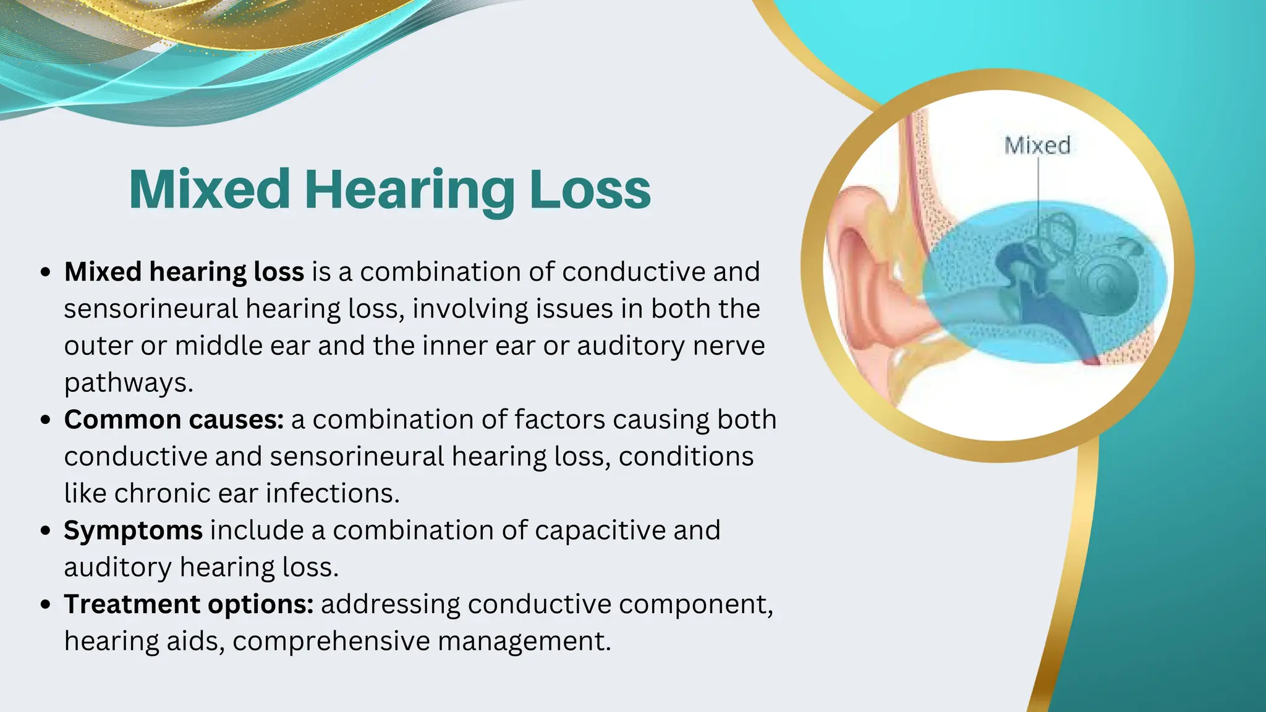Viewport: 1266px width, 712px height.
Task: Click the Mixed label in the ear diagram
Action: pyautogui.click(x=1037, y=145)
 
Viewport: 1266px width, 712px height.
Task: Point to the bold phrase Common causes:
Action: pyautogui.click(x=174, y=420)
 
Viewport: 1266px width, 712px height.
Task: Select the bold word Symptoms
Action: pyautogui.click(x=133, y=530)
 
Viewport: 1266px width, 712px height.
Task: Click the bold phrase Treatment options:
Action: pyautogui.click(x=189, y=604)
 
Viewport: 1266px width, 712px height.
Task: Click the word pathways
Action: pyautogui.click(x=129, y=383)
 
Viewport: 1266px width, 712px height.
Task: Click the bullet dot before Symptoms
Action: pyautogui.click(x=45, y=531)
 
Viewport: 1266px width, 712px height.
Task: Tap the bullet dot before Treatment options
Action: pyautogui.click(x=45, y=604)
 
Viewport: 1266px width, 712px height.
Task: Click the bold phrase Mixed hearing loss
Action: pyautogui.click(x=184, y=272)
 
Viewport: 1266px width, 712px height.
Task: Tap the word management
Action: pyautogui.click(x=524, y=641)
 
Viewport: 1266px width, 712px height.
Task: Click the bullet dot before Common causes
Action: pyautogui.click(x=45, y=420)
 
